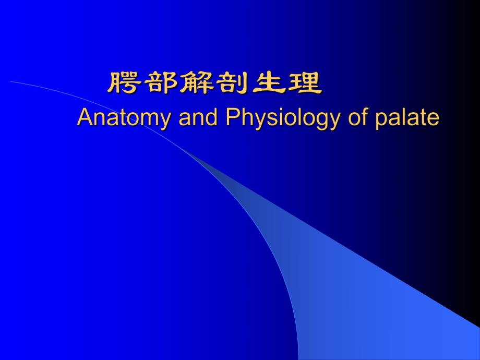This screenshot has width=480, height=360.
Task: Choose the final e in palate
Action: pos(434,119)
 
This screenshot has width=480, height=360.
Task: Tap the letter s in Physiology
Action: pos(269,119)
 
